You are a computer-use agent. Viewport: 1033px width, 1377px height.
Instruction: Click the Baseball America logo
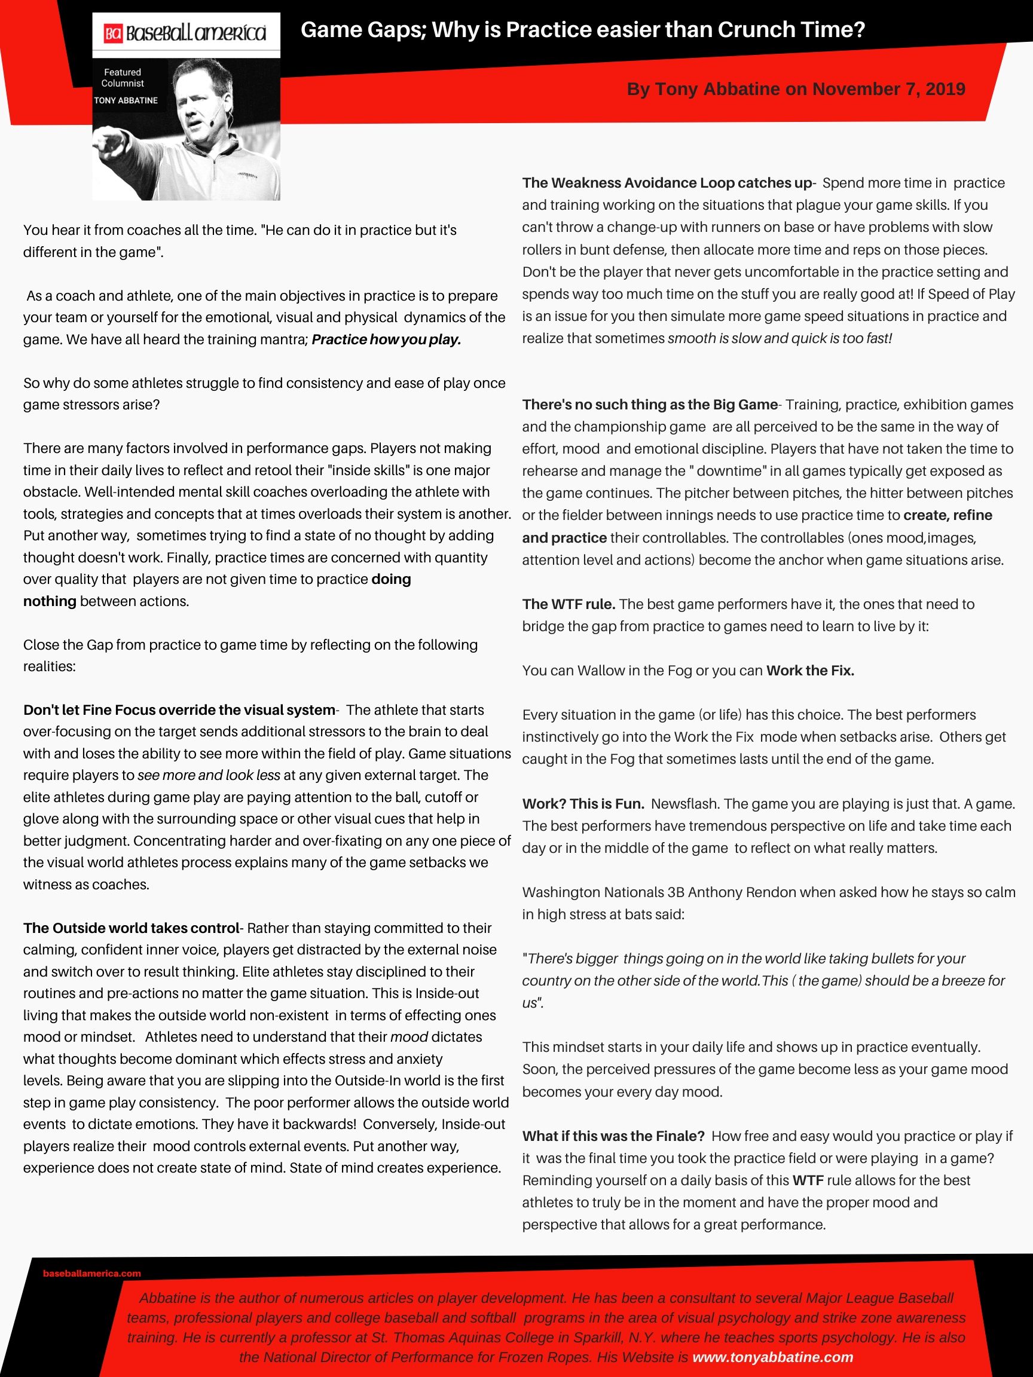pos(185,33)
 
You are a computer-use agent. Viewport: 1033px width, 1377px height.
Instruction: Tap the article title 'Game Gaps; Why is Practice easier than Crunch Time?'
pos(583,29)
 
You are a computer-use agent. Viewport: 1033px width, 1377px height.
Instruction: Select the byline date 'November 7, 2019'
pos(888,89)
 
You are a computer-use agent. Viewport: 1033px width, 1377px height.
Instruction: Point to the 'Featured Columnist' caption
pos(123,78)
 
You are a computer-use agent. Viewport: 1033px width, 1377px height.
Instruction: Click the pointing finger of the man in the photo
pos(103,147)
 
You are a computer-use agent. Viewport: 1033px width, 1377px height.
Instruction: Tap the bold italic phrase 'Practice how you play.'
pos(386,339)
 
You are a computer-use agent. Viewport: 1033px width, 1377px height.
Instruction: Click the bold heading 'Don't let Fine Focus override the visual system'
pos(179,709)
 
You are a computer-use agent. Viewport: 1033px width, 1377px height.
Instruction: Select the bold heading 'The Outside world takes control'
pos(132,928)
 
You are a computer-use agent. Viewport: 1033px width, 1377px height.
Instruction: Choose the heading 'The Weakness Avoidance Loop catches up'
pos(667,183)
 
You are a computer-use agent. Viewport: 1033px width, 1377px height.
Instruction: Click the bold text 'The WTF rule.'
pos(569,604)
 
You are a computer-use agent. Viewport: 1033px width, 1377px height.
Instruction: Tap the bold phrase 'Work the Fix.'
pos(810,671)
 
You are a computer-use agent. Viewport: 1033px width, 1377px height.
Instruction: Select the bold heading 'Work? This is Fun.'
pos(583,804)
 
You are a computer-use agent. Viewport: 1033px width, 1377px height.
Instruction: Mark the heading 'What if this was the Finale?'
pos(613,1136)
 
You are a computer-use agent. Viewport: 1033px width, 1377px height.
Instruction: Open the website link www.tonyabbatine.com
pos(772,1357)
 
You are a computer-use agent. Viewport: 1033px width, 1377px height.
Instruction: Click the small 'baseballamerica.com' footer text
pos(92,1273)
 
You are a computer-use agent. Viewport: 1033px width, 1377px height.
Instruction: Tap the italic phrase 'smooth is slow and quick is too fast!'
pos(780,339)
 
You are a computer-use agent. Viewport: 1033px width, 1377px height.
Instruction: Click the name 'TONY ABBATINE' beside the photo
pos(126,100)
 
